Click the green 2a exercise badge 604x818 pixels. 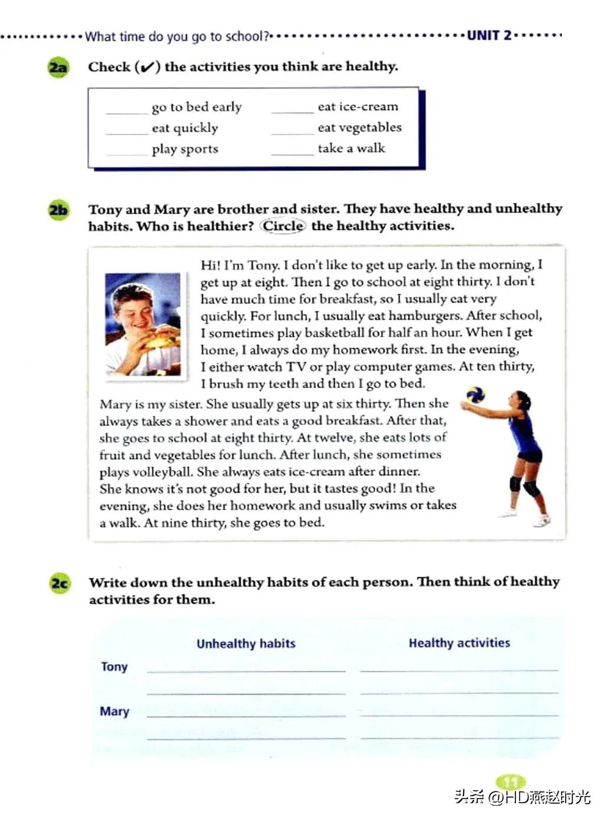pos(57,67)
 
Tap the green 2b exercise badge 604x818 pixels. pos(58,210)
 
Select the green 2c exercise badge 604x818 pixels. pos(59,584)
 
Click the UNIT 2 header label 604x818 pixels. pos(489,35)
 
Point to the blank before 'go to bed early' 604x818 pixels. pos(126,109)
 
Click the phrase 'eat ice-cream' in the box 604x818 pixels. pos(357,107)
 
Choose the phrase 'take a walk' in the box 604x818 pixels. pos(351,149)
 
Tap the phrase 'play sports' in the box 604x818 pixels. pos(185,149)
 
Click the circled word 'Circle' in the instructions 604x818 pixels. pos(283,226)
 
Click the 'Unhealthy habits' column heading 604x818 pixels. pos(246,643)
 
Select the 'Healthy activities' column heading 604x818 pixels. pos(459,643)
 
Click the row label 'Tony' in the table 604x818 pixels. pos(114,667)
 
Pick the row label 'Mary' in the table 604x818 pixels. pos(114,711)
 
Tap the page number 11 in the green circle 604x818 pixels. pos(510,783)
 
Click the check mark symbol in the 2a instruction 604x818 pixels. pos(147,67)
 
